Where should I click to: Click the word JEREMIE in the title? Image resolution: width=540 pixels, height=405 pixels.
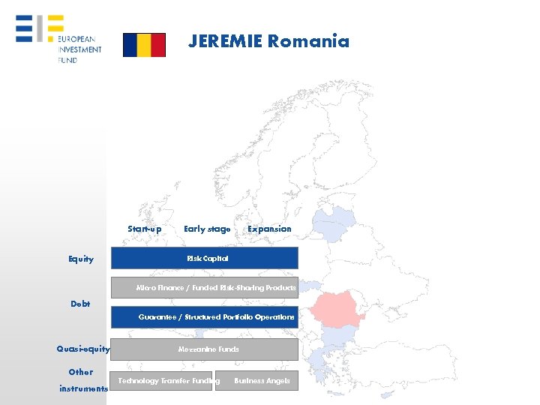(225, 41)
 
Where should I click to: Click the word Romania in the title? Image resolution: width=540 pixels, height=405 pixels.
(308, 41)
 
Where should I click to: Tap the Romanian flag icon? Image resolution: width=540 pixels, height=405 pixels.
(144, 45)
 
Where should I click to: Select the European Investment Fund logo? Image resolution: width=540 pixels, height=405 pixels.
(58, 39)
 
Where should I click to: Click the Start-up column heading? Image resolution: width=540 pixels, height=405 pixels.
(144, 229)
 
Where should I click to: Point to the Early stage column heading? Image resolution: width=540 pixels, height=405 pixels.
(207, 229)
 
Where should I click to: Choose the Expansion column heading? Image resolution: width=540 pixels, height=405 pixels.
(269, 229)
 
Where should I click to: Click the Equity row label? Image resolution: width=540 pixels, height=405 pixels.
(81, 259)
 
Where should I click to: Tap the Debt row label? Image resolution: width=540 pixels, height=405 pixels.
(80, 304)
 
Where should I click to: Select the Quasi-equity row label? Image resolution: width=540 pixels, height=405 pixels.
(83, 349)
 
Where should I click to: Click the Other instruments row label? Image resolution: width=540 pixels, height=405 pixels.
(82, 380)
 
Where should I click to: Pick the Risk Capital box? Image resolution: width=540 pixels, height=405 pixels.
(205, 258)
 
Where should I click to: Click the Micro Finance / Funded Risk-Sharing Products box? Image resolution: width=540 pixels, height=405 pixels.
(205, 288)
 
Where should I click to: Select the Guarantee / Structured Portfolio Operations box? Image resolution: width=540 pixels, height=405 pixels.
(205, 317)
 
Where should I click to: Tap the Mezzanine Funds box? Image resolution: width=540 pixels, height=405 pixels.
(205, 349)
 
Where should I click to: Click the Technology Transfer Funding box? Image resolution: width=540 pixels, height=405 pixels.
(162, 381)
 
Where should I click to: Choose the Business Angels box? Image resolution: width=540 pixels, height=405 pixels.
(256, 381)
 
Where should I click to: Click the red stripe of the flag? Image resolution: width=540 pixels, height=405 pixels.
(158, 45)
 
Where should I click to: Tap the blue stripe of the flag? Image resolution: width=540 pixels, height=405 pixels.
(130, 45)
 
